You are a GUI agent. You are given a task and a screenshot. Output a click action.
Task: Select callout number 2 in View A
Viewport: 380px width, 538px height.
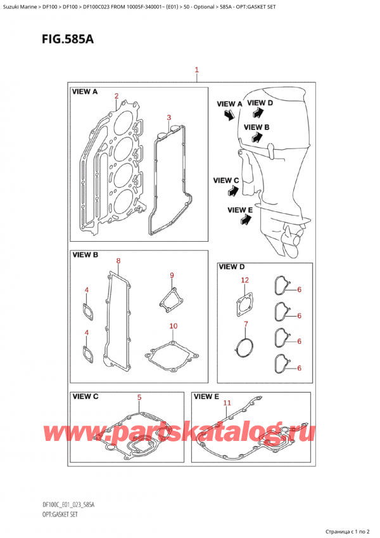pos(117,96)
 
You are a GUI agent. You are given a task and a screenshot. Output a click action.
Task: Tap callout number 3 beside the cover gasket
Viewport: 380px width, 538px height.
pos(168,117)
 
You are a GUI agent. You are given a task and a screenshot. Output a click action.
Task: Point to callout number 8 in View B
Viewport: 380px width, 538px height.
pos(118,261)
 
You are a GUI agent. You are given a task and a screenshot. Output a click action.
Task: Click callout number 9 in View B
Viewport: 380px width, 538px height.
pos(171,275)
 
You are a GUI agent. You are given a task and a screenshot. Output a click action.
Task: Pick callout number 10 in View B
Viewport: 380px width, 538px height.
pos(173,326)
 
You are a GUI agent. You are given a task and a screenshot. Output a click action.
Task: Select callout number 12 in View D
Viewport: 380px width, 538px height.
pos(244,280)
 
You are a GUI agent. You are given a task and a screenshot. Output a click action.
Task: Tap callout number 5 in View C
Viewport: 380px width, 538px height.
pos(139,398)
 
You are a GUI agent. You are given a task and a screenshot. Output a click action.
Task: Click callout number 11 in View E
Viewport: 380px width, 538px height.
pos(227,402)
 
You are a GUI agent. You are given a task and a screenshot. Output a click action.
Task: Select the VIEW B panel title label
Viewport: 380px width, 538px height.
pos(87,255)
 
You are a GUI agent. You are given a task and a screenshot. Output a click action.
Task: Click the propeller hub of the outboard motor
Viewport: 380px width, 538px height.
pos(293,240)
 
